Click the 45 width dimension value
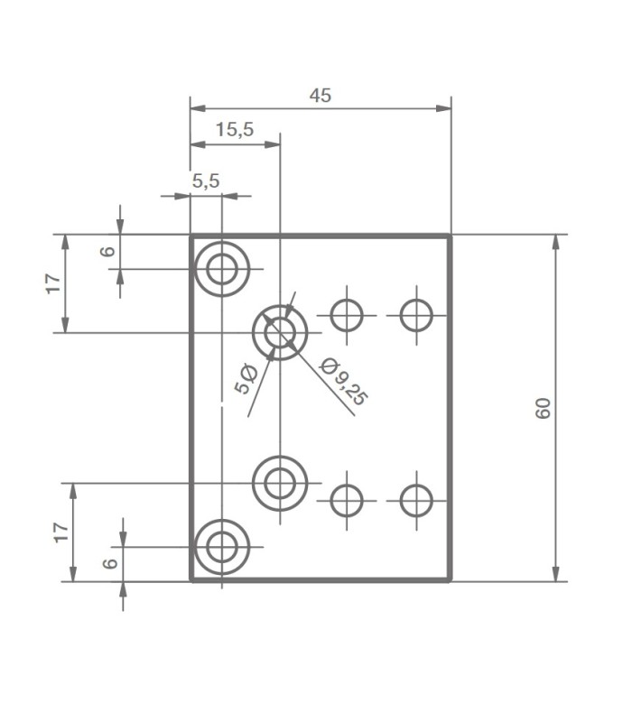321,95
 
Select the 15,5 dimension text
235,129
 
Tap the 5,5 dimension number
206,180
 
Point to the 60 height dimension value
543,408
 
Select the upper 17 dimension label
55,282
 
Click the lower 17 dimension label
60,532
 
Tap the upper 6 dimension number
108,251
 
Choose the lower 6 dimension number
109,563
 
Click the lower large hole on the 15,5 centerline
280,483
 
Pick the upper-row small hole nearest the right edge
417,315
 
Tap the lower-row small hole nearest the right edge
417,499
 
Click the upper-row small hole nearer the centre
346,315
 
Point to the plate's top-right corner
450,236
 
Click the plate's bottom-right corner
450,580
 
